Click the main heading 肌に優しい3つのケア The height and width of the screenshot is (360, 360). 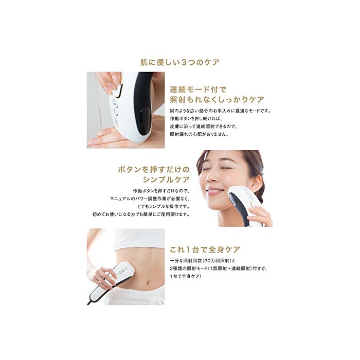(180, 62)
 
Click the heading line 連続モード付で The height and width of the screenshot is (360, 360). (198, 89)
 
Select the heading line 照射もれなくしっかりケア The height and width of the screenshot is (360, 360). (217, 99)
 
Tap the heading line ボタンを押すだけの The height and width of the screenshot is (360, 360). (154, 170)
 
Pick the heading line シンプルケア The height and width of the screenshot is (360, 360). (166, 179)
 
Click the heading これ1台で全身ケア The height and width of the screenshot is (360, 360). (205, 249)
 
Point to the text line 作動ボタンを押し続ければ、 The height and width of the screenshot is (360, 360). (196, 119)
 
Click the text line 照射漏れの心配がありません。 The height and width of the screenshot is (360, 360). (200, 134)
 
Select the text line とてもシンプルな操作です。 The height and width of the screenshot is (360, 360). (164, 206)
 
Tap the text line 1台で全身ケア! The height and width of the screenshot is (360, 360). (185, 276)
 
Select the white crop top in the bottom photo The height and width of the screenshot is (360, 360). (139, 239)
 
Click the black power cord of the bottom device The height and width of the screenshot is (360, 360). (89, 302)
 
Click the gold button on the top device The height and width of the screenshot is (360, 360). (119, 90)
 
